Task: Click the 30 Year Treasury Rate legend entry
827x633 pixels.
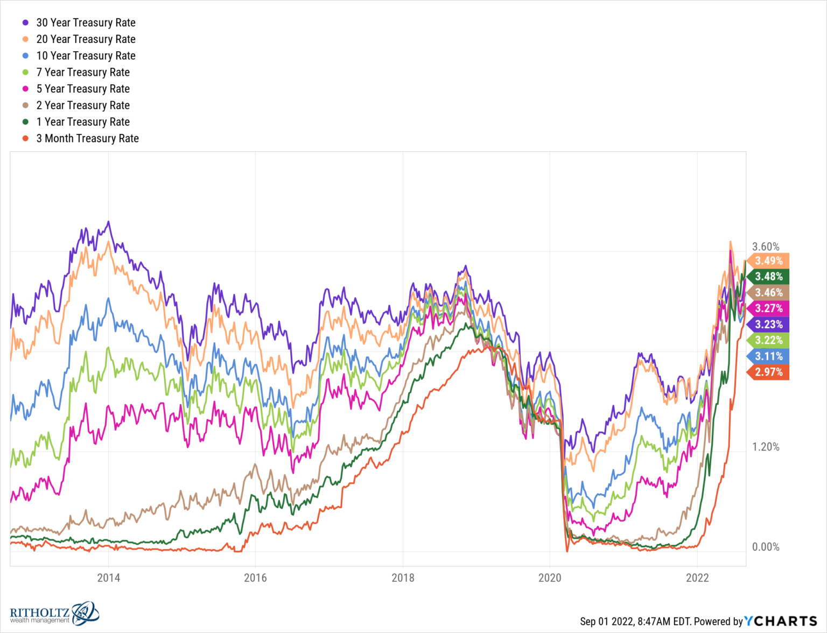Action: [x=86, y=23]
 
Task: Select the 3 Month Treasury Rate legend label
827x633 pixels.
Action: [x=87, y=138]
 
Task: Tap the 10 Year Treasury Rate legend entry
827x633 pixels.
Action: [x=86, y=55]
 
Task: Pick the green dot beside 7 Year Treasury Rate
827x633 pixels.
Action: [x=25, y=72]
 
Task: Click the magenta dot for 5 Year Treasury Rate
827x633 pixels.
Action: [x=25, y=89]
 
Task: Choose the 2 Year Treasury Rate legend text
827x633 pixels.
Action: [x=83, y=105]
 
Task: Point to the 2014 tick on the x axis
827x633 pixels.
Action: [x=108, y=578]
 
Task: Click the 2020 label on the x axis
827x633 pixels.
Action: [x=550, y=578]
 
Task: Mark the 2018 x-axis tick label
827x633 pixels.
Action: [x=403, y=578]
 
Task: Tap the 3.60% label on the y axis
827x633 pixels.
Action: [x=766, y=247]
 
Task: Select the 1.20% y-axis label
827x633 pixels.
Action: [x=766, y=447]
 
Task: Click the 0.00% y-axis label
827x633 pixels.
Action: [x=766, y=547]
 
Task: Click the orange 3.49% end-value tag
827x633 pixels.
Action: [x=768, y=261]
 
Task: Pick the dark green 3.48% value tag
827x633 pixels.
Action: [x=768, y=277]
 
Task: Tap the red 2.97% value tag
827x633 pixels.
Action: [x=768, y=372]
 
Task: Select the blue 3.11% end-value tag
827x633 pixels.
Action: [x=768, y=356]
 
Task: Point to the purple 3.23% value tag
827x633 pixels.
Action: [x=768, y=325]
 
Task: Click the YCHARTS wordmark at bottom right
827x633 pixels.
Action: [x=781, y=621]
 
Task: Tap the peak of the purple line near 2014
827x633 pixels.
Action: [x=108, y=222]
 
